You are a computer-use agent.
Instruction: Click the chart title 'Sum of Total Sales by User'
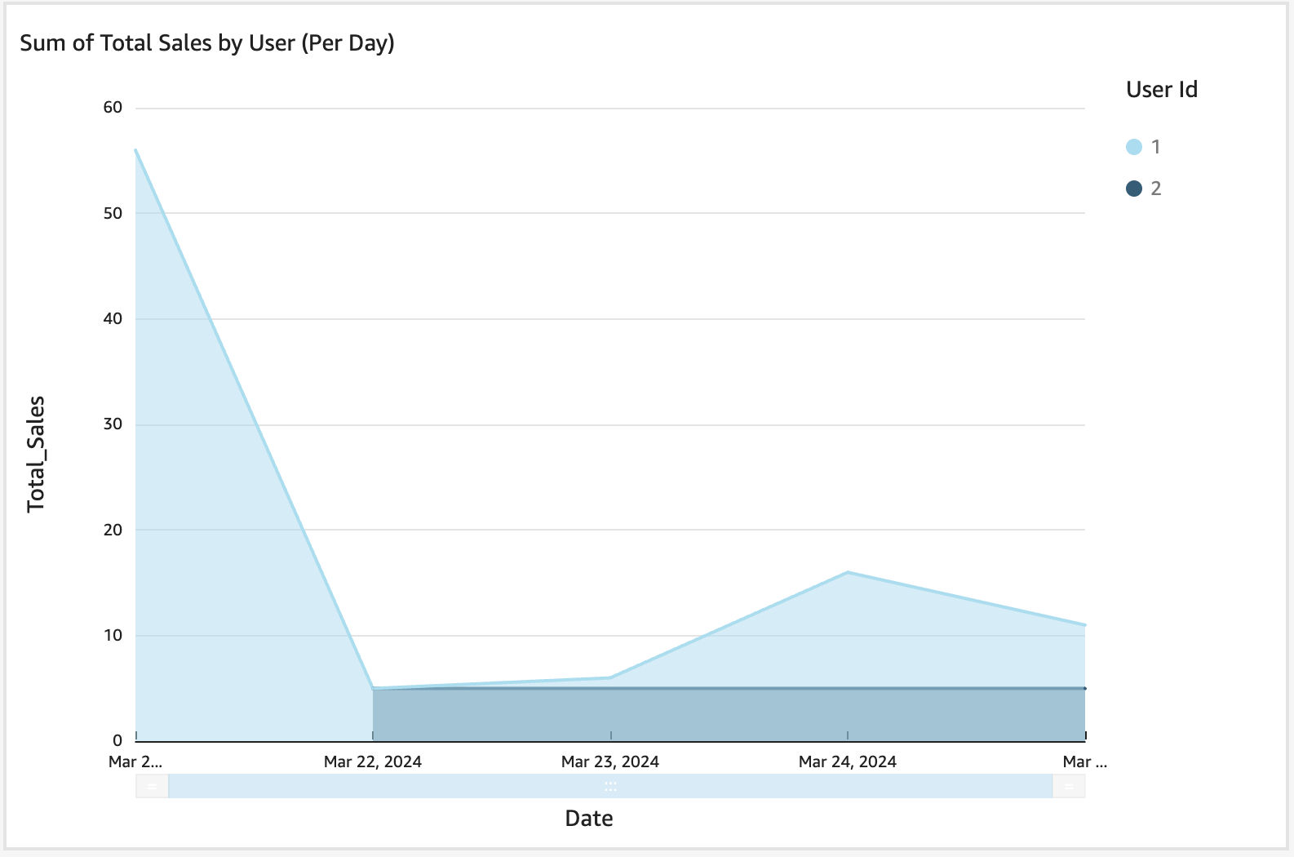(206, 43)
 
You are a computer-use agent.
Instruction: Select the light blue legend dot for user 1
(1133, 147)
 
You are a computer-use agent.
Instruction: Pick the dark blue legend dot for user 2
(1133, 189)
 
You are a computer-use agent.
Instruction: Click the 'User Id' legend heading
(1161, 90)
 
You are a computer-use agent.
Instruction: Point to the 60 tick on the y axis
(113, 108)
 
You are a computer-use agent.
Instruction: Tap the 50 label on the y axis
(113, 213)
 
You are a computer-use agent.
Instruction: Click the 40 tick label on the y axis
(113, 319)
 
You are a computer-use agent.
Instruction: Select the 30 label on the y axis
(113, 424)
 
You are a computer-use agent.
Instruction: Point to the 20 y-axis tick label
(113, 530)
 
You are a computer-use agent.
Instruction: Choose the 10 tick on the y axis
(113, 635)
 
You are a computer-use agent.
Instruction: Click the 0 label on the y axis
(117, 740)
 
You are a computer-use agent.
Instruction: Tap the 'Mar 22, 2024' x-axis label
(373, 762)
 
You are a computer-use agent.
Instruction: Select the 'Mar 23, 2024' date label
(610, 762)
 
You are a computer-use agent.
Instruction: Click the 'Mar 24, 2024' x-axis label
(848, 762)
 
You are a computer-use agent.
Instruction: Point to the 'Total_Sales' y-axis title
(36, 454)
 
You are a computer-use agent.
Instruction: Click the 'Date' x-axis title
(588, 819)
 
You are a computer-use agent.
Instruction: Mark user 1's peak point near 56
(136, 150)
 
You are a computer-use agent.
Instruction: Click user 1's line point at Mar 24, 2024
(848, 572)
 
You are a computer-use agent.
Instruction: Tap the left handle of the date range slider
(153, 787)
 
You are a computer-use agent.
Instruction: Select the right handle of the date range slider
(1069, 787)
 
